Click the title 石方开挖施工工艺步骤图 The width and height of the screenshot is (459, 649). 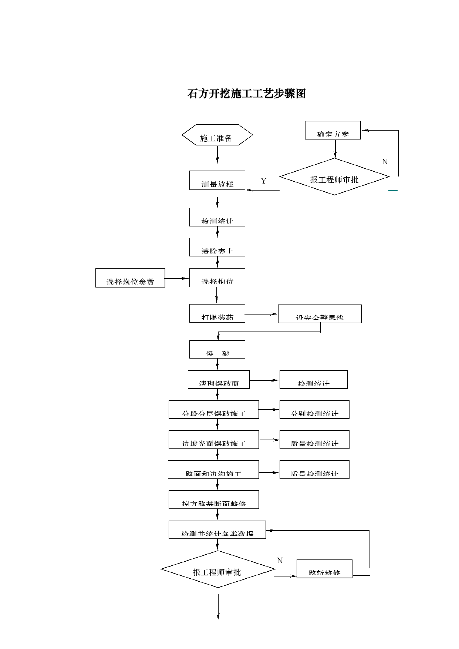(x=247, y=94)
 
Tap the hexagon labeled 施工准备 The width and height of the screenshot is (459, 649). (x=217, y=135)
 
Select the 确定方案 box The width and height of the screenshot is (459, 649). (x=333, y=130)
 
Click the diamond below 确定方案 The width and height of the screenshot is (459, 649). (x=334, y=177)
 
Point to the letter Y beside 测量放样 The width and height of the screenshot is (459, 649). (x=263, y=181)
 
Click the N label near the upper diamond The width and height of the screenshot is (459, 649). (x=385, y=162)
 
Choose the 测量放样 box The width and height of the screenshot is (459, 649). (x=217, y=181)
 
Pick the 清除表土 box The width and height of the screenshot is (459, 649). (x=217, y=247)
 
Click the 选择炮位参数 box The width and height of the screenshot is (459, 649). (x=130, y=278)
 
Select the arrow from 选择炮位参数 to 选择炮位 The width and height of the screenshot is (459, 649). (x=177, y=278)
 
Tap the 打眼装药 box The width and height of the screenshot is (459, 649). (x=217, y=313)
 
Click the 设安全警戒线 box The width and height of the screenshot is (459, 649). (x=320, y=314)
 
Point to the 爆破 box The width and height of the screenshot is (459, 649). (x=217, y=349)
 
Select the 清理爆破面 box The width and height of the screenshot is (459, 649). (x=219, y=379)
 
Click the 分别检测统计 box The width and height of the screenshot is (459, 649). (x=314, y=410)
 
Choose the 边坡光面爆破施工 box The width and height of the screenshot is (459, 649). (x=214, y=440)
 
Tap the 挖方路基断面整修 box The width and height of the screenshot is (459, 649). (x=214, y=500)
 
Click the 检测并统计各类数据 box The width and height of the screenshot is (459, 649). (x=217, y=530)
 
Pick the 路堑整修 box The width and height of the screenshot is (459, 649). (x=324, y=569)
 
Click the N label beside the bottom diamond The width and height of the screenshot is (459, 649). (x=280, y=561)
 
